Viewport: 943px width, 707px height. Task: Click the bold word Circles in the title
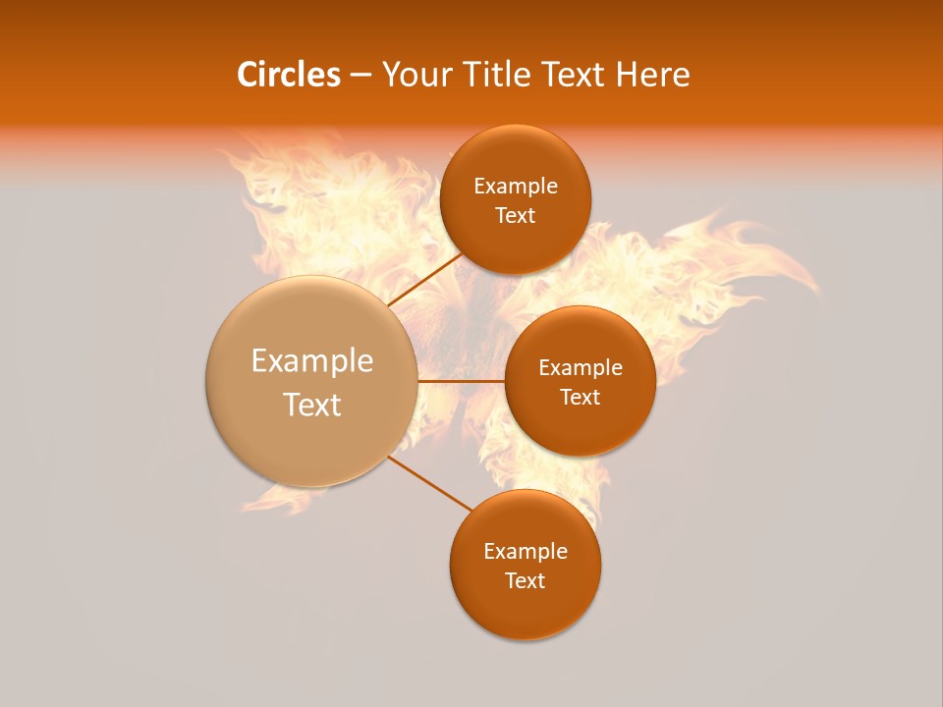tap(289, 75)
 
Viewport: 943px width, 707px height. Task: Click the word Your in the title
tap(414, 75)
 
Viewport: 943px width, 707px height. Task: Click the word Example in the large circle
tap(312, 361)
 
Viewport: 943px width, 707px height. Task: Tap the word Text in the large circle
tap(312, 405)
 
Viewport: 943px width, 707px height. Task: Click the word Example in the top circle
tap(516, 187)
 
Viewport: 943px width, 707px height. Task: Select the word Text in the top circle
tap(516, 216)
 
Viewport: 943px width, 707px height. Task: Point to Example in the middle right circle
tap(581, 368)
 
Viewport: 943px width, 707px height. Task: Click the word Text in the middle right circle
tap(581, 398)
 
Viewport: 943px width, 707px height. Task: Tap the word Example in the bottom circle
tap(526, 552)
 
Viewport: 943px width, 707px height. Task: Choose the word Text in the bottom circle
tap(526, 581)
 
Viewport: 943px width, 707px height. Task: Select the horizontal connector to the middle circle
tap(461, 381)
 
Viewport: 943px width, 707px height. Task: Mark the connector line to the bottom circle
tap(429, 482)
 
